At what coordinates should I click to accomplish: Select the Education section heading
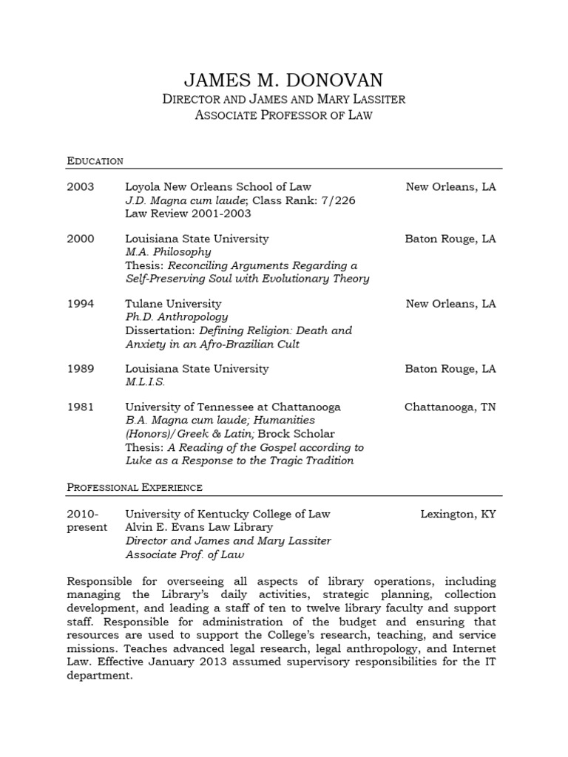point(95,161)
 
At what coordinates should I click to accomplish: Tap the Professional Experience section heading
point(135,488)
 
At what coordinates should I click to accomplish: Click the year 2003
point(81,187)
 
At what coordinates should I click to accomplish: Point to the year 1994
point(81,304)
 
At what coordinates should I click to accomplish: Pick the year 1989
point(81,369)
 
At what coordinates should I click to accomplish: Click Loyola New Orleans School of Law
point(218,187)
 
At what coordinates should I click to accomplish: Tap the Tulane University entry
point(173,304)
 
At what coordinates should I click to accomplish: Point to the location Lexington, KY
point(458,514)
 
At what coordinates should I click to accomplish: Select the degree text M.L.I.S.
point(145,382)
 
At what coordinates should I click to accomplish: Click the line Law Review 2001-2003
point(188,214)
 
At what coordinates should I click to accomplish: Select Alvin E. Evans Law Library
point(199,527)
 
